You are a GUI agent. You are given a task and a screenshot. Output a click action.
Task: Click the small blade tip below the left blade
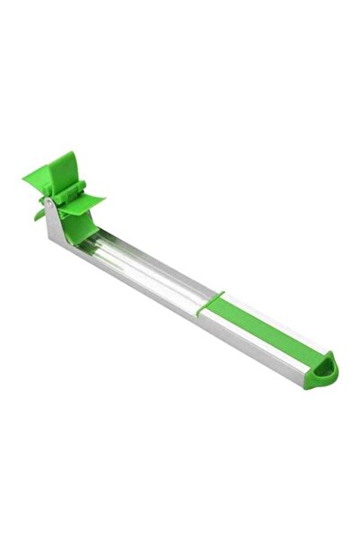coord(40,215)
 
